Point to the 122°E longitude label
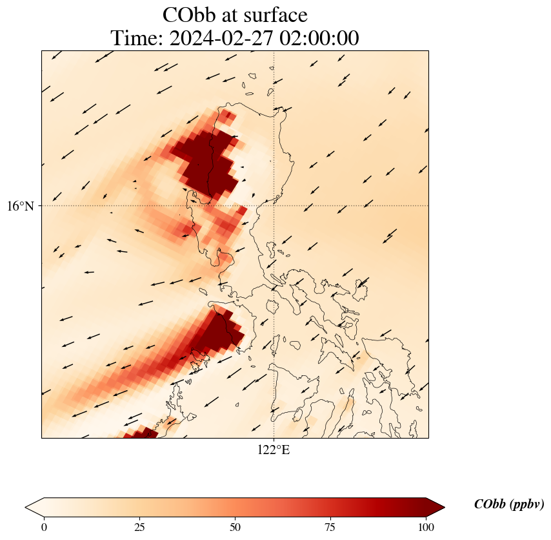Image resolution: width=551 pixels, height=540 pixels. pos(274,450)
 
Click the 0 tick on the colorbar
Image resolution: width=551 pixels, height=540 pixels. pos(44,527)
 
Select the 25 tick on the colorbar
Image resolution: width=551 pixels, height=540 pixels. pos(139,527)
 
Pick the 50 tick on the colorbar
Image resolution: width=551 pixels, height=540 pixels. pos(235,527)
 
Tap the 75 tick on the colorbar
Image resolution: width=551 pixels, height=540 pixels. pos(330,527)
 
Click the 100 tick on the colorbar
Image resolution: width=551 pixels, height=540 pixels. pos(426,527)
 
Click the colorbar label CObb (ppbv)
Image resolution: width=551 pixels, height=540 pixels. pos(509,504)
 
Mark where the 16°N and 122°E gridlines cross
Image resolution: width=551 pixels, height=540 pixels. pos(274,206)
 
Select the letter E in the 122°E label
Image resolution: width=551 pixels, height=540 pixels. pos(286,450)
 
